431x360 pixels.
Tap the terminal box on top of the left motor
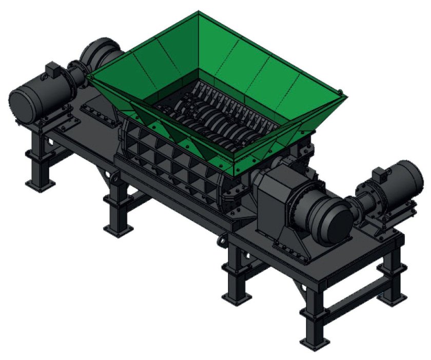coord(53,69)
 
